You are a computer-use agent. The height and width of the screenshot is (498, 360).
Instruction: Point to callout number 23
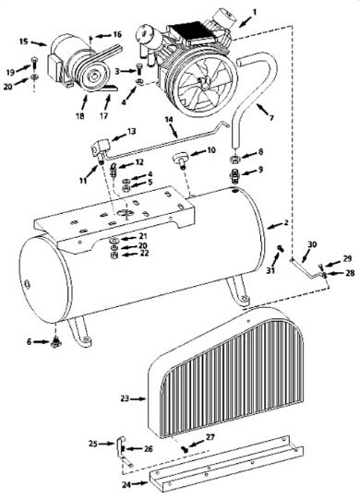click(124, 398)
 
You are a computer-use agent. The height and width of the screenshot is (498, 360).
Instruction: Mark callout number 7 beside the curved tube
click(270, 118)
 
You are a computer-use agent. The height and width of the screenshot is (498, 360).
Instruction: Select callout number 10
click(210, 149)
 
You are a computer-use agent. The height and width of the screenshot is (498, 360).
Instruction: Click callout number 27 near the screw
click(210, 437)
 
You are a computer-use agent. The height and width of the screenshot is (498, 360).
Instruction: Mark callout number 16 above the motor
click(117, 34)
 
